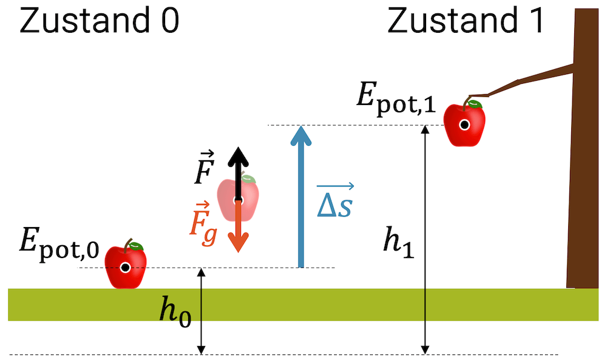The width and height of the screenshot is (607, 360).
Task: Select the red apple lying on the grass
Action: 126,268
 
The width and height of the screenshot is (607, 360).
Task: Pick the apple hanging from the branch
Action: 464,124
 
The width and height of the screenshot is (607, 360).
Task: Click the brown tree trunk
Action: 583,152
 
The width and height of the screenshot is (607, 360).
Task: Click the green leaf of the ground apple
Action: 137,246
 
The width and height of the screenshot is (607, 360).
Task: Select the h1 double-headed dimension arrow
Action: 426,273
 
